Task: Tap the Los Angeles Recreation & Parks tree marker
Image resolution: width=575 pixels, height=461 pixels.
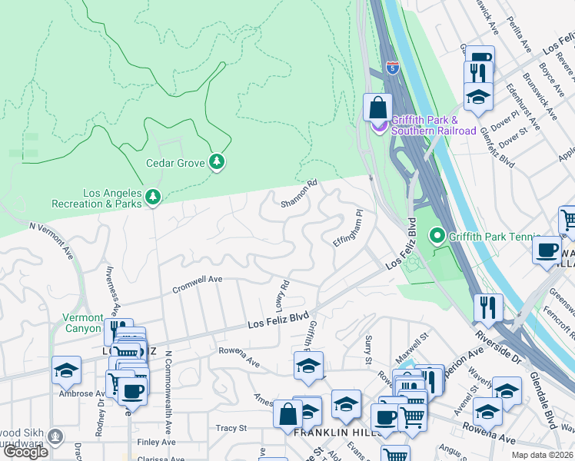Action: coord(153,197)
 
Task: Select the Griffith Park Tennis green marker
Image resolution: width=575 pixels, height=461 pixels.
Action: coord(437,236)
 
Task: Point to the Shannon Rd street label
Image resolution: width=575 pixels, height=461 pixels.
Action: coord(299,194)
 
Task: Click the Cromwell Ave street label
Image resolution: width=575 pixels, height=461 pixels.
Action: coord(197,280)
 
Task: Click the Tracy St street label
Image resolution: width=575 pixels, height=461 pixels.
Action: coord(231,428)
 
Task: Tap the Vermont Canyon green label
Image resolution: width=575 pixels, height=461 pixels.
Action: coord(82,323)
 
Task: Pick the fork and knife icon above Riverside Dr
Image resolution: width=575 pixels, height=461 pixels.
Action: coord(488,307)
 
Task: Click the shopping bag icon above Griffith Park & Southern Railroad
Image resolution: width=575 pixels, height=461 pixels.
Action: coord(377,107)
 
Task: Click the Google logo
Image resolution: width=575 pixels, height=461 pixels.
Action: coord(26,452)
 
